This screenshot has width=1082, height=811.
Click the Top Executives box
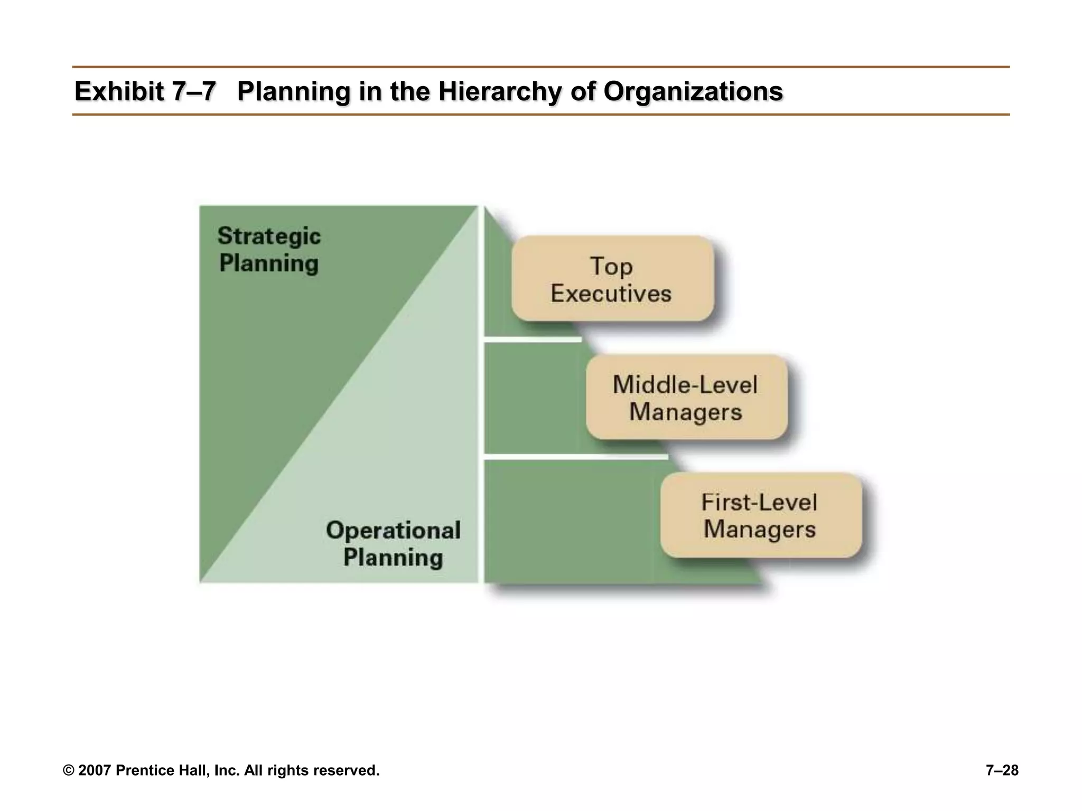pos(612,278)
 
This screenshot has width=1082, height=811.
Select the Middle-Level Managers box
pos(686,397)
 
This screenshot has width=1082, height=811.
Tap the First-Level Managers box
pos(761,515)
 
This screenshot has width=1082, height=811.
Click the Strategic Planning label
pos(269,250)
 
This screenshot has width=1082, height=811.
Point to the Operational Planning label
pos(393,544)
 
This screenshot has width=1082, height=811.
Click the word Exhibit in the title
pos(119,91)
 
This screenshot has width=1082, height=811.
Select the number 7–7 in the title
pos(194,91)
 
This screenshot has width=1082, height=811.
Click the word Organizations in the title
pos(693,91)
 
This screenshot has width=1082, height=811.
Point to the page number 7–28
pos(1002,770)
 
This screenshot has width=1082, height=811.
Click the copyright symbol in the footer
pos(68,771)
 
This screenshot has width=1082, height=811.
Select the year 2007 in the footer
pos(95,770)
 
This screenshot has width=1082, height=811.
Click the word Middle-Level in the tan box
pos(685,384)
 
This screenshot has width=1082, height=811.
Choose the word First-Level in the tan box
pos(759,502)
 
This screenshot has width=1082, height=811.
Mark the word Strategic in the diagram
pos(269,236)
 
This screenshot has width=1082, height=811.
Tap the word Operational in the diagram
pos(393,530)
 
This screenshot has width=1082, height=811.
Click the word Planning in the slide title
pos(294,91)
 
